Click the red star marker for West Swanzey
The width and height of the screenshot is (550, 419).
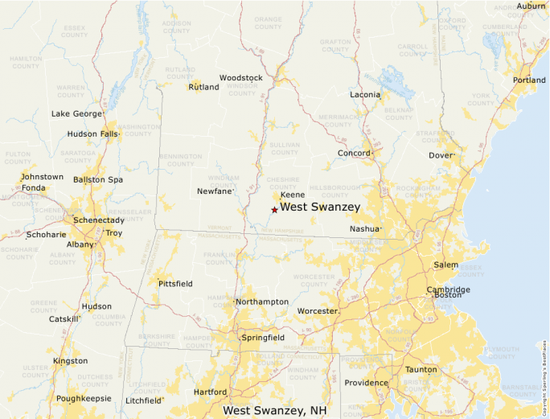pyautogui.click(x=274, y=210)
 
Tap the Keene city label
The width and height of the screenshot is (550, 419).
pyautogui.click(x=292, y=195)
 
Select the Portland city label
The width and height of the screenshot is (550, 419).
pyautogui.click(x=529, y=80)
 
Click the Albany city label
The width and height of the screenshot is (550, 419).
pyautogui.click(x=80, y=244)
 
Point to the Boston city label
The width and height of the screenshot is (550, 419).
pyautogui.click(x=448, y=295)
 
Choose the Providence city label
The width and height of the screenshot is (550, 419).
pyautogui.click(x=366, y=383)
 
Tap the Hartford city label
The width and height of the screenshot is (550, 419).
pyautogui.click(x=210, y=392)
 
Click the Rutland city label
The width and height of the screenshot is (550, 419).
pyautogui.click(x=203, y=87)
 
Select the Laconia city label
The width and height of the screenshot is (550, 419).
pyautogui.click(x=365, y=95)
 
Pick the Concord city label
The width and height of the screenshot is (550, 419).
pyautogui.click(x=354, y=153)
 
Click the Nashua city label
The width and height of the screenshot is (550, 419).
pyautogui.click(x=363, y=229)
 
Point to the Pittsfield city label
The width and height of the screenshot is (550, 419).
pyautogui.click(x=175, y=285)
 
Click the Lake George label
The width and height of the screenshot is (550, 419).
pyautogui.click(x=76, y=114)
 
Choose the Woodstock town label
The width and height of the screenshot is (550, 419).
pyautogui.click(x=240, y=78)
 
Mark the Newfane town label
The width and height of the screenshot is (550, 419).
pyautogui.click(x=214, y=191)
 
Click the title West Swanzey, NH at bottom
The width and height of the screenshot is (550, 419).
pyautogui.click(x=275, y=410)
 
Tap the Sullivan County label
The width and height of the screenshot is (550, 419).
pyautogui.click(x=284, y=149)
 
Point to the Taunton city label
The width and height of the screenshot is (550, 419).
pyautogui.click(x=421, y=370)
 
